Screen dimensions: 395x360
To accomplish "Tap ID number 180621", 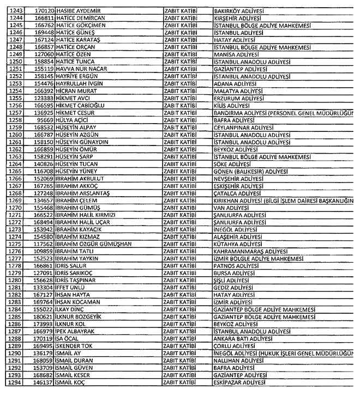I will coord(41,317).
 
